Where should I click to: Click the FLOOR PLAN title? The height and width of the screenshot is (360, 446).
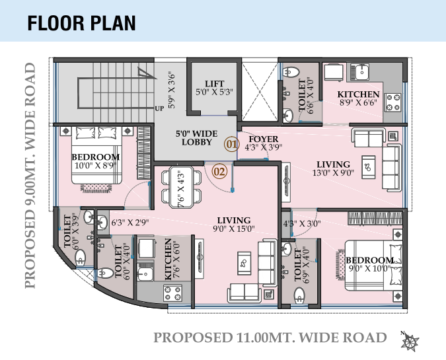(81, 23)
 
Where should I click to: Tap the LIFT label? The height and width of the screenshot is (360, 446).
(215, 84)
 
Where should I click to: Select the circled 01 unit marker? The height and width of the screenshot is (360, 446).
(231, 144)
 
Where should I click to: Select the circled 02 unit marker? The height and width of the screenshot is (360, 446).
(219, 172)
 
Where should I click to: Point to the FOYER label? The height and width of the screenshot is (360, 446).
(264, 139)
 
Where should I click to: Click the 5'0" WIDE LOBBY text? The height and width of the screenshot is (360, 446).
(196, 138)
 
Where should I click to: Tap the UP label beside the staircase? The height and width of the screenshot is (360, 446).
(160, 108)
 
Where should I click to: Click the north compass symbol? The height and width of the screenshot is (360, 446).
(410, 340)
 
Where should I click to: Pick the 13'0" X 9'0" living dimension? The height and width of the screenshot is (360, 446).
(333, 172)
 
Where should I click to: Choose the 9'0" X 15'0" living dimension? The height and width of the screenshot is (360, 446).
(234, 229)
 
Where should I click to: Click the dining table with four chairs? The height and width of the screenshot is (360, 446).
(181, 187)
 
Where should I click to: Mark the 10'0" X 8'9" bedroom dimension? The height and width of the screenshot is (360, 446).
(95, 166)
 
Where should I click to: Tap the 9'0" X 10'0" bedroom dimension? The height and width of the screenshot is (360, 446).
(369, 268)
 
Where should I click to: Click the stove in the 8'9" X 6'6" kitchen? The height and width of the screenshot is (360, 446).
(392, 102)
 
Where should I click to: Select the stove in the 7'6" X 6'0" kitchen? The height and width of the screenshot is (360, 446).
(172, 293)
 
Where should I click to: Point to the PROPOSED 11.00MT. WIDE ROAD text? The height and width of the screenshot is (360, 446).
(270, 338)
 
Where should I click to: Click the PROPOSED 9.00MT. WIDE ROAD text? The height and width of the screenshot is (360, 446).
(30, 176)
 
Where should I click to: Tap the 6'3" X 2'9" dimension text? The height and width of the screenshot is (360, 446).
(130, 223)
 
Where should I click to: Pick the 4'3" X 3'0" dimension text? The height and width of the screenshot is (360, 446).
(302, 223)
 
